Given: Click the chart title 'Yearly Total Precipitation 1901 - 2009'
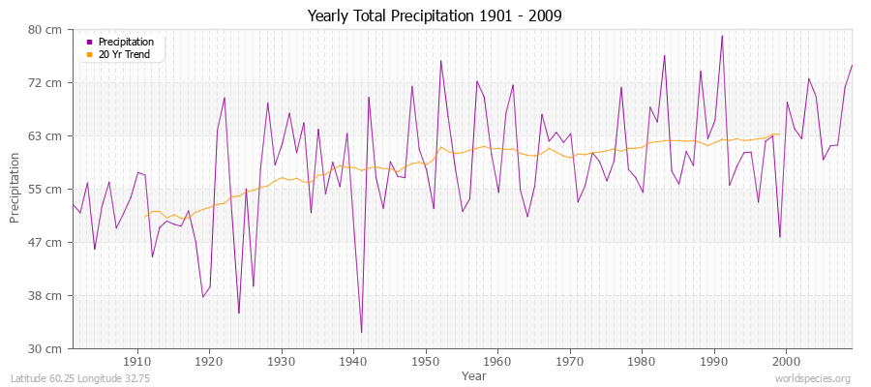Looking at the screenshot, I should tap(435, 15).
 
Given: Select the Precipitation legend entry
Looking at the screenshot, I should tap(125, 43).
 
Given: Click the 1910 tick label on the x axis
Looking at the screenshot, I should tap(137, 362).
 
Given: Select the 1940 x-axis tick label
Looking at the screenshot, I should tap(353, 362).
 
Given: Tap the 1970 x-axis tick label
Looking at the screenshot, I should tap(570, 362).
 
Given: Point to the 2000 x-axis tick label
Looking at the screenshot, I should tap(786, 362).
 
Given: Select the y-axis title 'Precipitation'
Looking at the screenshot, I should tap(15, 189).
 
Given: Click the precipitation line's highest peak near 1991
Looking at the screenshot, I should tap(722, 36).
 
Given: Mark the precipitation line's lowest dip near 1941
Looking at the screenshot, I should tap(361, 333).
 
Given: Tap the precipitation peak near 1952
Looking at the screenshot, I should tap(440, 61).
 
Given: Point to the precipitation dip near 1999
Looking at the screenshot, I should tap(779, 237).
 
